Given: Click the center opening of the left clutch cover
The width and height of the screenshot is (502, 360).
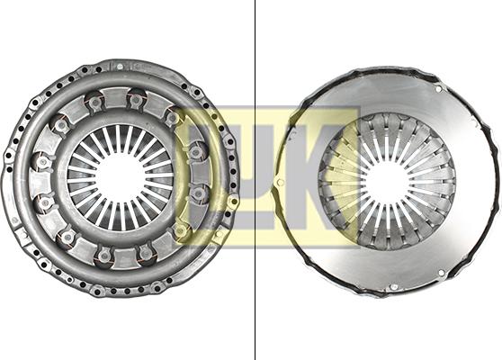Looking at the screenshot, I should [x=120, y=177].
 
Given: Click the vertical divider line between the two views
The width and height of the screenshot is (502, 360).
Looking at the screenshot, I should [x=255, y=180].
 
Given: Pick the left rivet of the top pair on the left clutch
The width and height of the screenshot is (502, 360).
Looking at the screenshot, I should [x=94, y=103].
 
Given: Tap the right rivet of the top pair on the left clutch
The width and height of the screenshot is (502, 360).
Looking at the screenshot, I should [x=136, y=99].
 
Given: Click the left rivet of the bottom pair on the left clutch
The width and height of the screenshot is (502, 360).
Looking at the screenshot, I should [x=103, y=256].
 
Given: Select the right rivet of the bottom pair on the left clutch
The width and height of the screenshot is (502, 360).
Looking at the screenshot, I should [x=145, y=253].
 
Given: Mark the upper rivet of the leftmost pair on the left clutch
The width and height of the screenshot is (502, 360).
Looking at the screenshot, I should [x=40, y=162].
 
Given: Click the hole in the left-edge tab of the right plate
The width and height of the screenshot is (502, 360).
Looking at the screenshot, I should [x=281, y=182].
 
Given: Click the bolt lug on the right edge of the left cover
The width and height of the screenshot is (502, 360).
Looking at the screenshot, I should [x=231, y=199].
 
